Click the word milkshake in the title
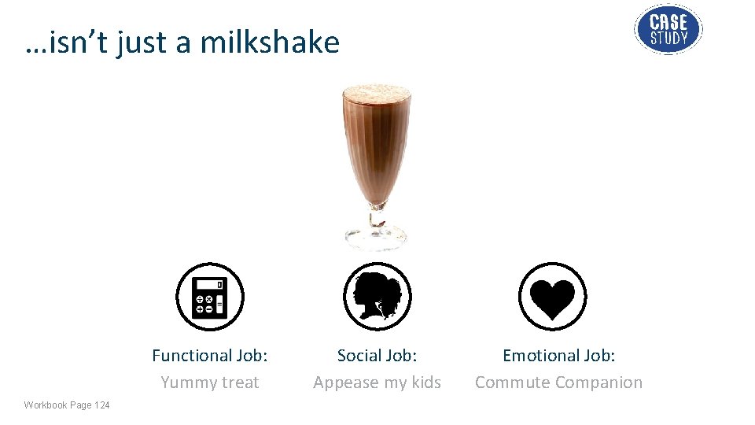tap(270, 42)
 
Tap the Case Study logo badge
tap(668, 29)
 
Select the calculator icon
tap(210, 297)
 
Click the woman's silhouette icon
tap(377, 297)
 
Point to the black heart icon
tap(553, 297)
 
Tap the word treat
tap(238, 382)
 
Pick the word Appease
tap(347, 382)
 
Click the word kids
tap(425, 382)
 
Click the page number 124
tap(102, 405)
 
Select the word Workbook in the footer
tap(45, 405)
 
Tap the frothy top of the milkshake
tap(377, 94)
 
